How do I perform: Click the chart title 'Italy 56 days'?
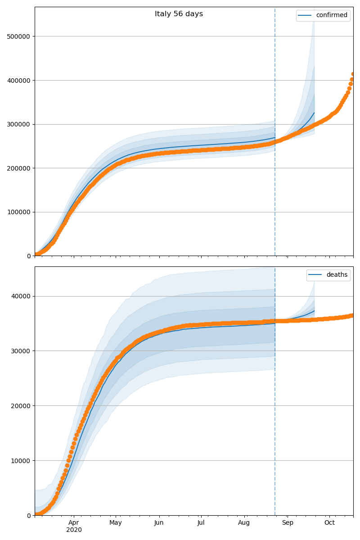coord(179,14)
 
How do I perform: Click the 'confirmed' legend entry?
coord(331,15)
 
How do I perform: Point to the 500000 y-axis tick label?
coord(19,36)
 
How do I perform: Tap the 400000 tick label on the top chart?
coord(19,80)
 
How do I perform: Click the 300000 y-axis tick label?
coord(19,124)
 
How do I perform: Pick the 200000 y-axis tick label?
coord(19,168)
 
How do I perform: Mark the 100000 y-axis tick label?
coord(19,212)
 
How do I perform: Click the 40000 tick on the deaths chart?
coord(21,296)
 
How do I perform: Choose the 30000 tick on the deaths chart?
coord(21,351)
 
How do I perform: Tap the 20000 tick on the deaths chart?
coord(21,406)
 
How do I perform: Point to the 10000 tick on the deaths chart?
coord(21,460)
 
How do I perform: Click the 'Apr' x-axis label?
coord(74,523)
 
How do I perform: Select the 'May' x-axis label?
coord(116,523)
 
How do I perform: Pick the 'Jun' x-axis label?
coord(159,523)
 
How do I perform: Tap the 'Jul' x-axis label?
coord(201,523)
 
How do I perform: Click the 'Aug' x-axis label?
coord(244,523)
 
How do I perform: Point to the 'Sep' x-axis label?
coord(287,523)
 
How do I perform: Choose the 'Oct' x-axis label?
coord(329,523)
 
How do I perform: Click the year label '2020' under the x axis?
coord(74,530)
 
